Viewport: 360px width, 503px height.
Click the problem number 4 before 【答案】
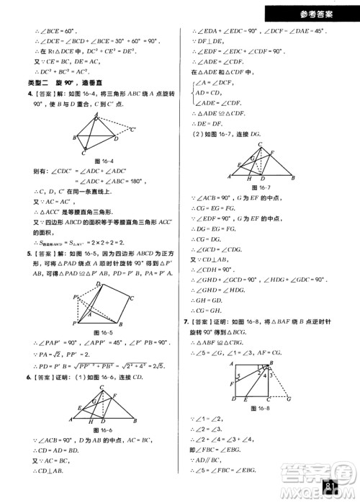29,94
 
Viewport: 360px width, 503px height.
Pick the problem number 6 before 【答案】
29,377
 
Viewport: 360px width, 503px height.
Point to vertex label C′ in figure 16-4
132,130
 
